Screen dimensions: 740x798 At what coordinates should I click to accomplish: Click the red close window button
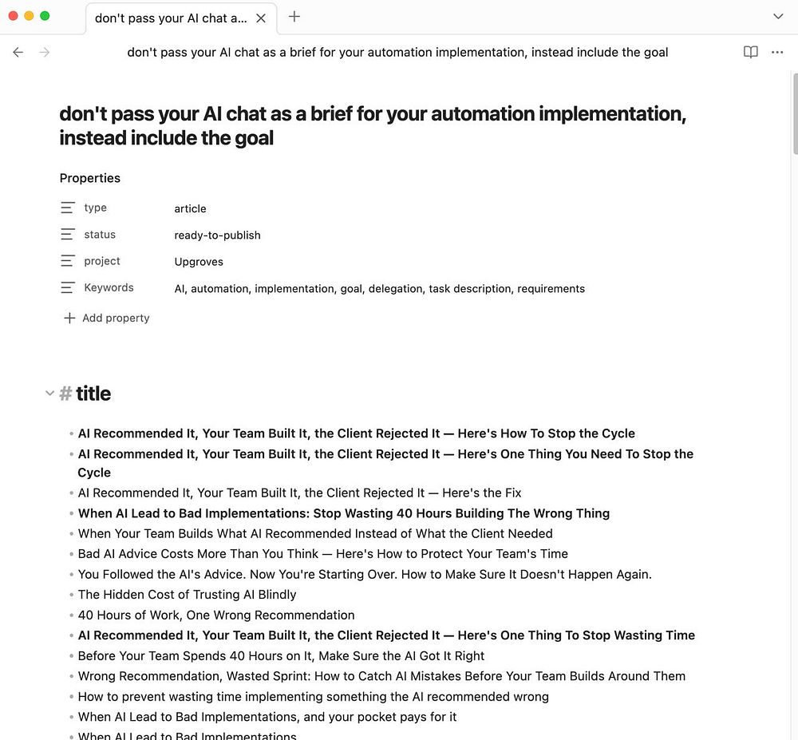[13, 16]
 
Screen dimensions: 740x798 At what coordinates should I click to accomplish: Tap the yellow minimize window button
[29, 16]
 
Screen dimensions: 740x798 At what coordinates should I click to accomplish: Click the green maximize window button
[45, 16]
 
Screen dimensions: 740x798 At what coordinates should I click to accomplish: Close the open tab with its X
[261, 18]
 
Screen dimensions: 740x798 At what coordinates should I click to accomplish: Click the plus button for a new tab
[294, 16]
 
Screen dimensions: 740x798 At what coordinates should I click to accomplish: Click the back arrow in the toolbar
[18, 53]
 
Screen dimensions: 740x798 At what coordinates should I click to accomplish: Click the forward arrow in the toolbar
[45, 53]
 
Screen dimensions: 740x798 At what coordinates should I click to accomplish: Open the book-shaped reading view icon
[750, 53]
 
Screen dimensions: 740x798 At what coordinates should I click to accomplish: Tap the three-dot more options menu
[777, 53]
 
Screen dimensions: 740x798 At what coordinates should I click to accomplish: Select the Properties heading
[90, 178]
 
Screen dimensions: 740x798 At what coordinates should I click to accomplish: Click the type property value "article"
[190, 209]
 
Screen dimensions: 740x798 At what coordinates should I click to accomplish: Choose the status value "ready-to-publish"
[217, 235]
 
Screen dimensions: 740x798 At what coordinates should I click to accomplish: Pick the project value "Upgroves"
[199, 262]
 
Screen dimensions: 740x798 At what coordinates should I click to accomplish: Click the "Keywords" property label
[109, 288]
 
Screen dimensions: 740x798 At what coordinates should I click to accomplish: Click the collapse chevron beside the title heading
[49, 394]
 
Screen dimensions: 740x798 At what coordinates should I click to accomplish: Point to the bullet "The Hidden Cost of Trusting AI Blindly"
[187, 595]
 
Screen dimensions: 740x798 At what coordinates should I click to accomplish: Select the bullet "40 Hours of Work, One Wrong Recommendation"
[216, 615]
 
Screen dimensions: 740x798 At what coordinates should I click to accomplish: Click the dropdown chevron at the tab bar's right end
[779, 16]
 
